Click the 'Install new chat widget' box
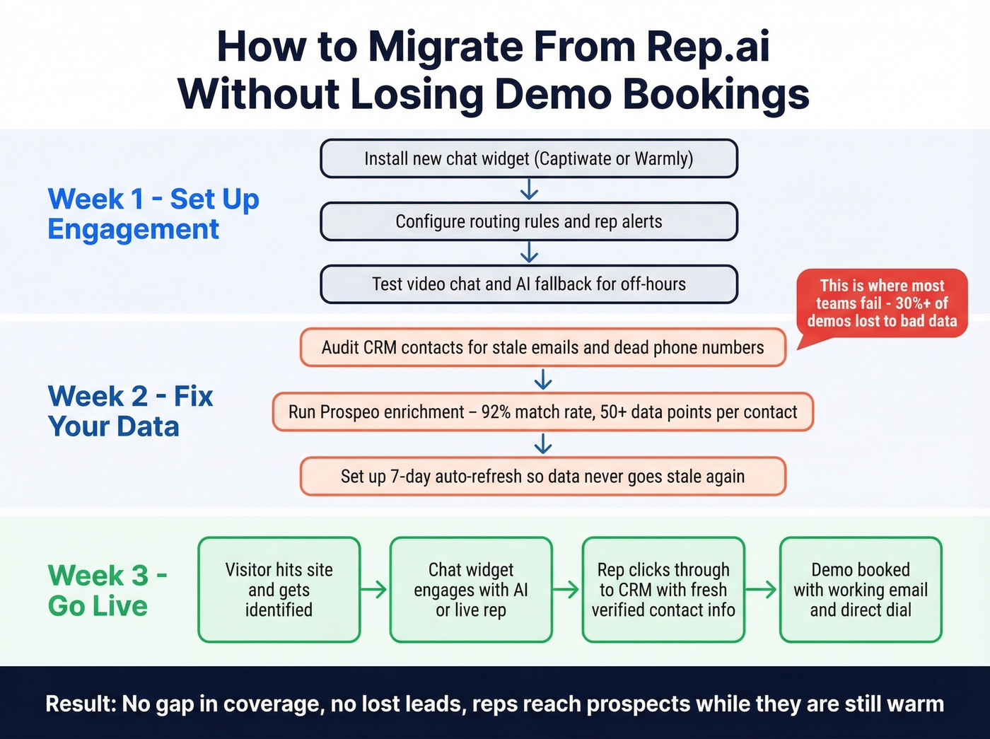point(528,158)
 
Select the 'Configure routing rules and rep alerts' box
point(528,221)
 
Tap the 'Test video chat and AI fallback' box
point(528,284)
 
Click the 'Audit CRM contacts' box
point(542,347)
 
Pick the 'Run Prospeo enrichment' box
point(542,412)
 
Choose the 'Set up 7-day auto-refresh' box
point(542,476)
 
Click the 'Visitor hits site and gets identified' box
point(279,590)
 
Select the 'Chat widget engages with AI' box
point(471,590)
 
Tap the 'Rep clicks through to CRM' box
point(663,590)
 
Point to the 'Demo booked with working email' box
point(861,590)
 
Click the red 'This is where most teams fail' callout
point(882,303)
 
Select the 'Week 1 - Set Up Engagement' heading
point(153,214)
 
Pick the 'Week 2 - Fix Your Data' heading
point(130,411)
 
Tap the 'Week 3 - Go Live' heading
point(107,590)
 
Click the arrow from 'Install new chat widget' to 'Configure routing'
point(529,190)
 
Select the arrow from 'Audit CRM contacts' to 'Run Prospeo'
point(543,380)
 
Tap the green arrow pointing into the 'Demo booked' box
point(762,590)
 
